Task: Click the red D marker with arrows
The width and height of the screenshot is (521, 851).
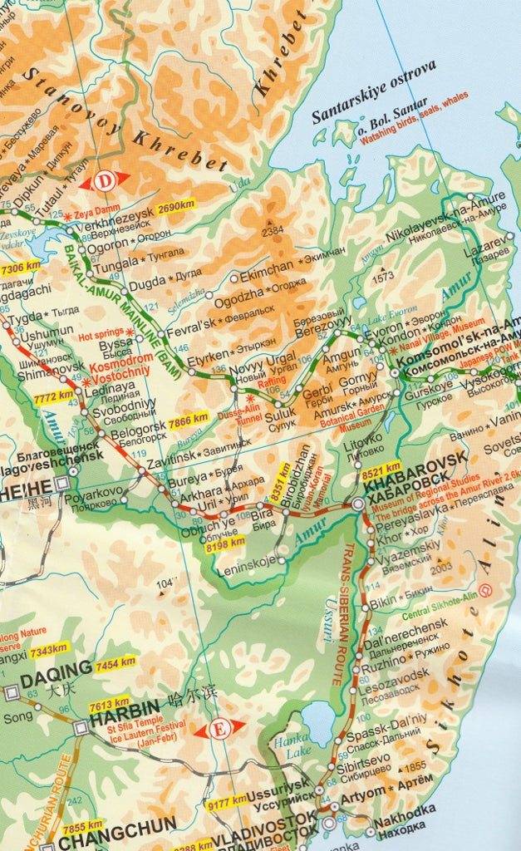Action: click(x=105, y=180)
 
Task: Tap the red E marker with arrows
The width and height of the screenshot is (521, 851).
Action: click(x=220, y=730)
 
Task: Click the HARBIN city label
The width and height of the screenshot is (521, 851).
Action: click(x=123, y=708)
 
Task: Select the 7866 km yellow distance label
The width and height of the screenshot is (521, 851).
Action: click(x=189, y=421)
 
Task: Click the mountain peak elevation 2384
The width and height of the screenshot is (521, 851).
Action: click(x=273, y=232)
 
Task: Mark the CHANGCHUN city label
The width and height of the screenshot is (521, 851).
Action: click(x=116, y=825)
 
